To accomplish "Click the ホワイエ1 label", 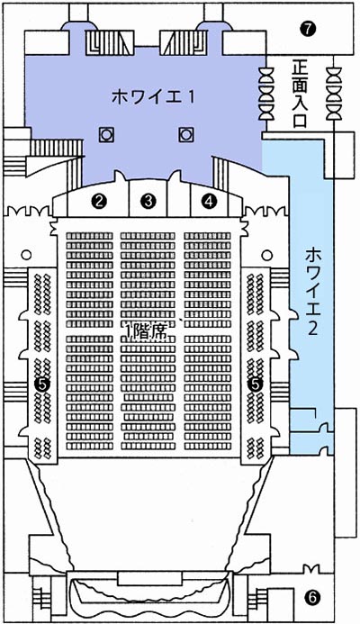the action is pyautogui.click(x=153, y=97).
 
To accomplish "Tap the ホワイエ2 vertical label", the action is pyautogui.click(x=312, y=292).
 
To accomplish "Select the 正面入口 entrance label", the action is pyautogui.click(x=300, y=94).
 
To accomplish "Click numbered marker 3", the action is pyautogui.click(x=148, y=202).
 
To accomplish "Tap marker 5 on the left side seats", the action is pyautogui.click(x=41, y=384).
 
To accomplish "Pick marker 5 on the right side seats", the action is pyautogui.click(x=255, y=384).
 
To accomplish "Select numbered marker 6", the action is pyautogui.click(x=312, y=597).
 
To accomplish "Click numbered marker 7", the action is pyautogui.click(x=309, y=28).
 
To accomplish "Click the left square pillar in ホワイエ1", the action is pyautogui.click(x=106, y=135).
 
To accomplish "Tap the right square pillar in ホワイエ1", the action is pyautogui.click(x=185, y=135).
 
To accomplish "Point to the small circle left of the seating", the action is pyautogui.click(x=26, y=254).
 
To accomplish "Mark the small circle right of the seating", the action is pyautogui.click(x=267, y=254).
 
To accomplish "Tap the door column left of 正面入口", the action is pyautogui.click(x=265, y=94).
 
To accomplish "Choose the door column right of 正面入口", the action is pyautogui.click(x=333, y=94).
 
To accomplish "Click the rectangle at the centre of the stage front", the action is pyautogui.click(x=149, y=578).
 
